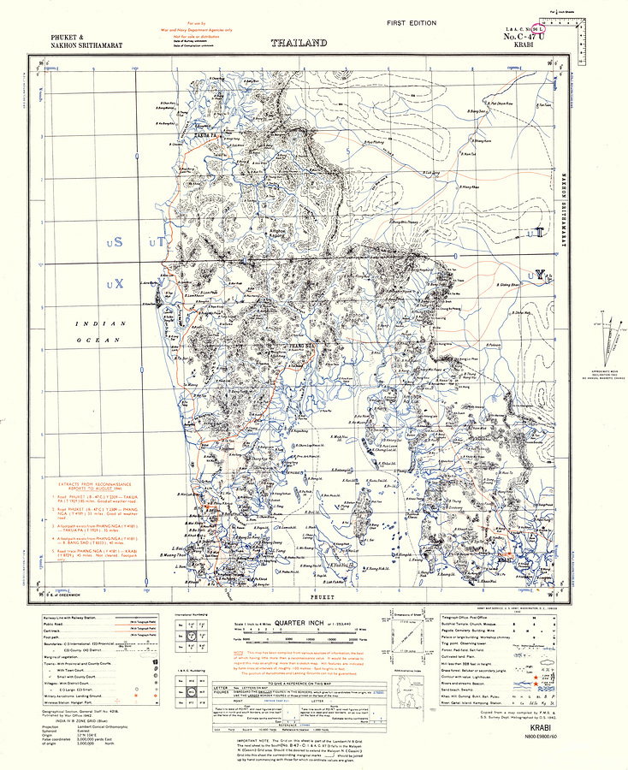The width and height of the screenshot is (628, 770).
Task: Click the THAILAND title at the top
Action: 299,42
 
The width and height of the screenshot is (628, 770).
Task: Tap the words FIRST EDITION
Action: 411,23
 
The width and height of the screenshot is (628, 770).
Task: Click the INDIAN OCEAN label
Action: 100,331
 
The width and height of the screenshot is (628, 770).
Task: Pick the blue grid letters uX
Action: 114,281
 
